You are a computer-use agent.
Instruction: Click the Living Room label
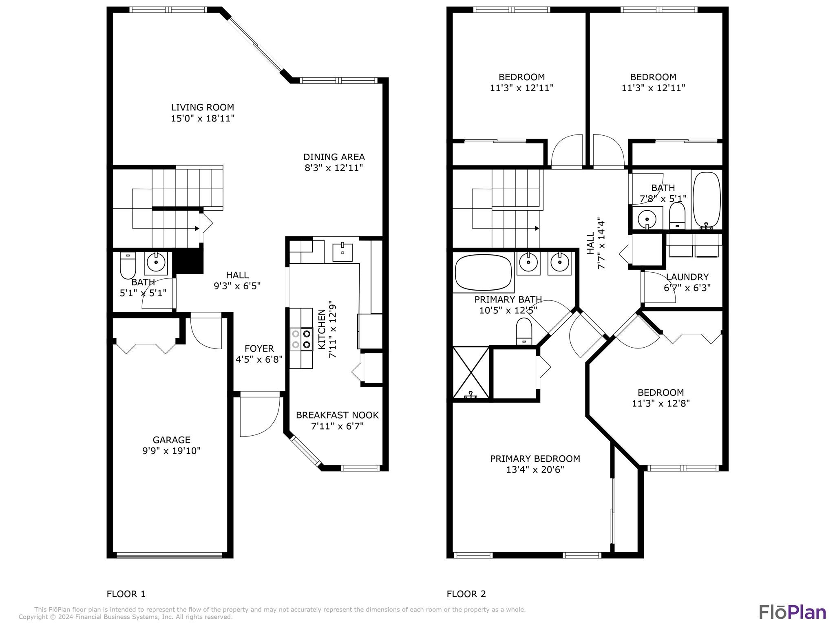(203, 107)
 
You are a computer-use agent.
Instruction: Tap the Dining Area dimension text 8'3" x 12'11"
(334, 168)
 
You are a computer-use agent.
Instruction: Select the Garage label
(172, 440)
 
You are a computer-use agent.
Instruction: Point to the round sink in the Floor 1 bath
(156, 261)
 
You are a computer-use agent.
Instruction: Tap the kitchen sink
(342, 252)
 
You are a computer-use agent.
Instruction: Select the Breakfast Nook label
(337, 415)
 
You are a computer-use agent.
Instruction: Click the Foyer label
(259, 348)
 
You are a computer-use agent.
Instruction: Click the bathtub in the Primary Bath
(483, 272)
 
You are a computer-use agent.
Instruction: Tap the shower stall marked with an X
(471, 373)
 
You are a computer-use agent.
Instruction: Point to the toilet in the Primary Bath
(524, 331)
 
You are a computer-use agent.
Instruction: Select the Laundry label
(687, 277)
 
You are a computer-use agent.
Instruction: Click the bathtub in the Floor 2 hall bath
(707, 199)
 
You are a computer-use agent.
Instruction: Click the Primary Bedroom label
(535, 458)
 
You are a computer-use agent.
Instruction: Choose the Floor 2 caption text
(466, 594)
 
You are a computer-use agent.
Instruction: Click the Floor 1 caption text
(126, 594)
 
